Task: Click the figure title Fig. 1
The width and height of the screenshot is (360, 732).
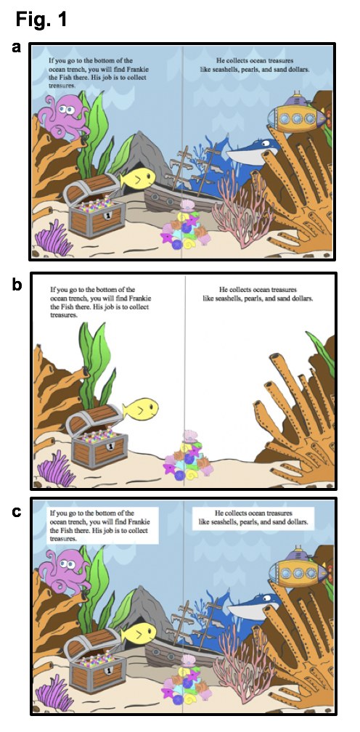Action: [x=41, y=19]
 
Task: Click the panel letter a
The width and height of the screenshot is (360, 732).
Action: [x=17, y=47]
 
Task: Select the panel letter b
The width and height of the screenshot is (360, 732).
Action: [x=17, y=285]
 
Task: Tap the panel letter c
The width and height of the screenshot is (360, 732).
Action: [x=17, y=512]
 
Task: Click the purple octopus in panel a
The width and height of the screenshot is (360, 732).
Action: [x=65, y=116]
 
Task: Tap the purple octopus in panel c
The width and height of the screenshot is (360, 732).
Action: [x=65, y=572]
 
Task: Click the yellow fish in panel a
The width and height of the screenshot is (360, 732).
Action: [x=138, y=179]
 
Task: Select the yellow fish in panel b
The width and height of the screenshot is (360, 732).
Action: [x=140, y=408]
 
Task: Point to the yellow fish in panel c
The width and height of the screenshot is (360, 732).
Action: [x=139, y=633]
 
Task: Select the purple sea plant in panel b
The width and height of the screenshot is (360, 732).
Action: [x=56, y=468]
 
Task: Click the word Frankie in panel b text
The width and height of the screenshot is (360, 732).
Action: [x=143, y=298]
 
